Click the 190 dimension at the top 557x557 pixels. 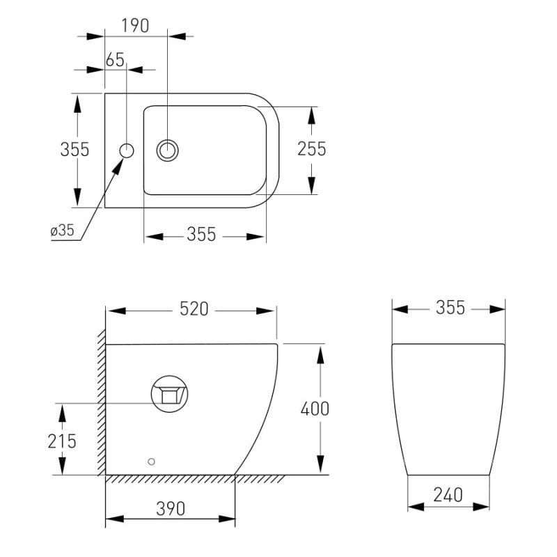pyautogui.click(x=135, y=26)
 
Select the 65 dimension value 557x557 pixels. pyautogui.click(x=115, y=60)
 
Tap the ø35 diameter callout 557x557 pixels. pyautogui.click(x=63, y=231)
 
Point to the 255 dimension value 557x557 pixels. pyautogui.click(x=311, y=149)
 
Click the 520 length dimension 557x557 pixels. pyautogui.click(x=194, y=309)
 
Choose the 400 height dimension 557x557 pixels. pyautogui.click(x=315, y=409)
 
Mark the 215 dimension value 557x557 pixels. pyautogui.click(x=63, y=441)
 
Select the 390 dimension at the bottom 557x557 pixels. pyautogui.click(x=171, y=509)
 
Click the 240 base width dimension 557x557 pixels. pyautogui.click(x=448, y=496)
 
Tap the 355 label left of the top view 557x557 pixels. pyautogui.click(x=74, y=149)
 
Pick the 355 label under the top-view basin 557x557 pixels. pyautogui.click(x=201, y=235)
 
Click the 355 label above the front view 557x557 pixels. pyautogui.click(x=450, y=308)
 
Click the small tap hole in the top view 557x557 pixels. pyautogui.click(x=127, y=150)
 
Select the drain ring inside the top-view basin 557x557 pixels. pyautogui.click(x=168, y=150)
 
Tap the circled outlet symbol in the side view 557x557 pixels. pyautogui.click(x=170, y=393)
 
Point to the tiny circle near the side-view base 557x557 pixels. pyautogui.click(x=152, y=461)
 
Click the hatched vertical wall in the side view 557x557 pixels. pyautogui.click(x=101, y=404)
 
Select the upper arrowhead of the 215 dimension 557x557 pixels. pyautogui.click(x=63, y=412)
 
